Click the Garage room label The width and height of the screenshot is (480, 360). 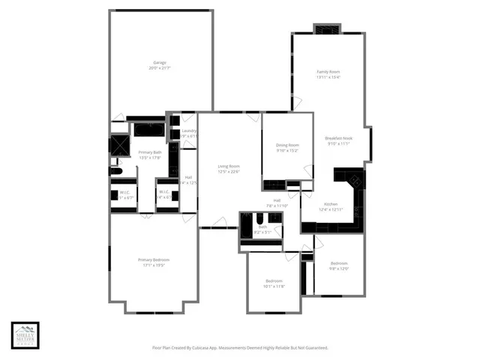click(160, 62)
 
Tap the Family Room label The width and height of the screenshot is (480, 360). click(328, 71)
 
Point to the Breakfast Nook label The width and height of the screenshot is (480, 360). click(338, 138)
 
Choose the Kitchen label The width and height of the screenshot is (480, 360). click(331, 204)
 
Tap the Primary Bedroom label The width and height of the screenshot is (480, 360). click(154, 260)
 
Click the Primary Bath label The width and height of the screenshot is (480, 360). click(150, 152)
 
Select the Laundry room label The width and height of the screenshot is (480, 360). click(189, 131)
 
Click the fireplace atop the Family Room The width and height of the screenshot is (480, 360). click(326, 29)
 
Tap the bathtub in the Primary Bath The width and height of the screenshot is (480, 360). click(149, 129)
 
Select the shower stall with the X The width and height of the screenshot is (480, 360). click(120, 145)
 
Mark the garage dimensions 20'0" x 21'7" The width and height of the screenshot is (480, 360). click(160, 68)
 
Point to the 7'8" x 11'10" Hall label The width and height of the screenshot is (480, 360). click(277, 204)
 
